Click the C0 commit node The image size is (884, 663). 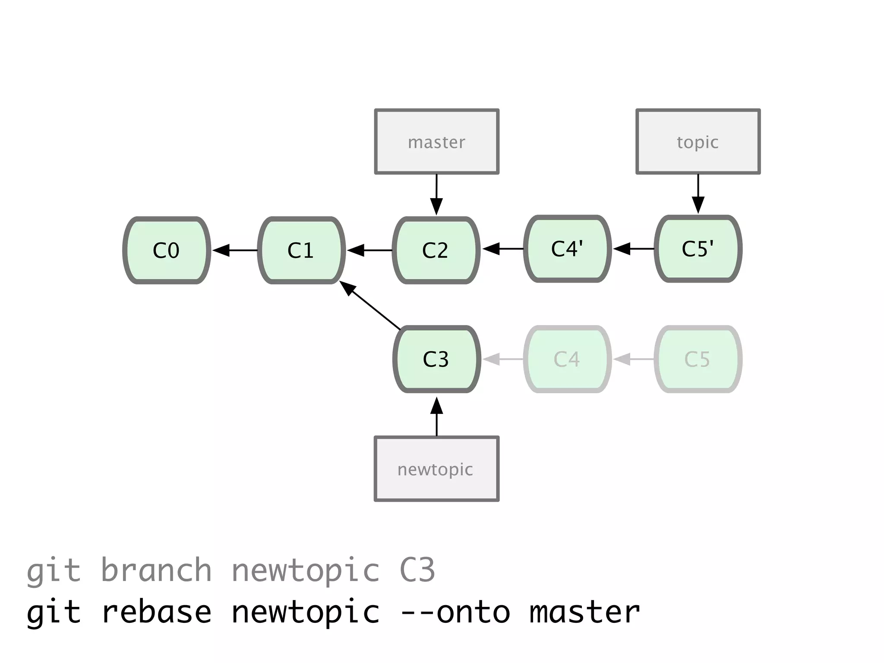167,250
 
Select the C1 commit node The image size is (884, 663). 301,250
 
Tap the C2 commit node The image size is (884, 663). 436,250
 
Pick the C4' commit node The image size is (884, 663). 567,249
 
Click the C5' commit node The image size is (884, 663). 698,249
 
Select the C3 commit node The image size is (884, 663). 436,359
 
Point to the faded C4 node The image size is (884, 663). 567,359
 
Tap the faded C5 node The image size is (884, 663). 698,359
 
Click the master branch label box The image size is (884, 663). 436,142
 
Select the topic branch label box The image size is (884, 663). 698,142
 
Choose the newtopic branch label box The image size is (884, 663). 436,469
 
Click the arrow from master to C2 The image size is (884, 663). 436,194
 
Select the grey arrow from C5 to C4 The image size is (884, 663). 633,359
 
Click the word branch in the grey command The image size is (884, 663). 156,571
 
